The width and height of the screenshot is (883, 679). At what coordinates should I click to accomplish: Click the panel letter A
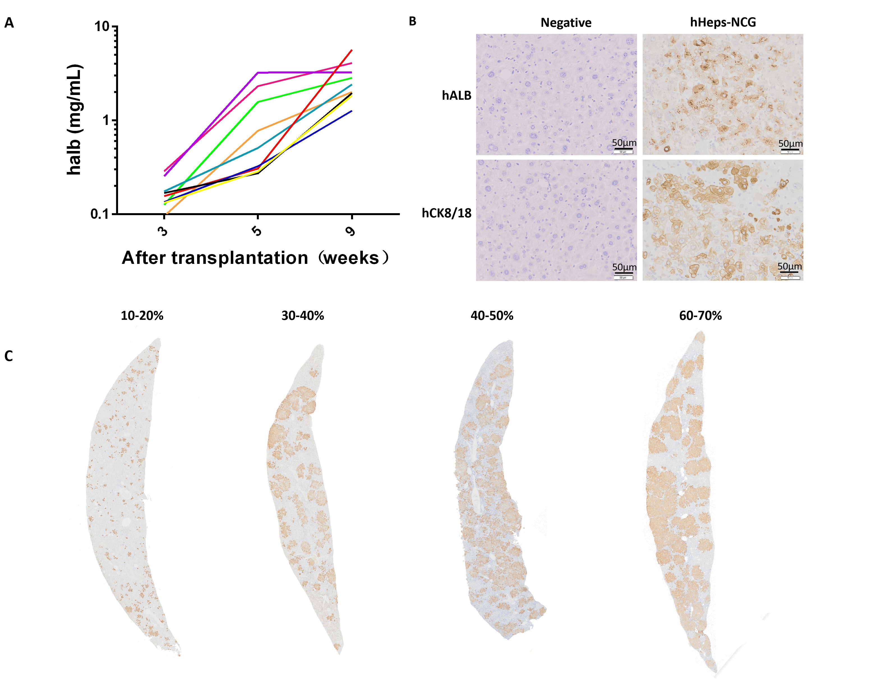(x=9, y=23)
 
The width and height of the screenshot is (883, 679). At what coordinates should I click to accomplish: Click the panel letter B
(x=412, y=21)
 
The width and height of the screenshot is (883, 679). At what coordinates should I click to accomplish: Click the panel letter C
(x=8, y=356)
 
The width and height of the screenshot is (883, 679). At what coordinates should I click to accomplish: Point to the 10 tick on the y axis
(x=102, y=27)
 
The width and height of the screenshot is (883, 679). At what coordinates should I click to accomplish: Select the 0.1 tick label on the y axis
(x=100, y=214)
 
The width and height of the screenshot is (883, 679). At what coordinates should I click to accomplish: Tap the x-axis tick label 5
(x=257, y=231)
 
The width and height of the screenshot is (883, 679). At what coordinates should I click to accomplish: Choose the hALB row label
(x=457, y=95)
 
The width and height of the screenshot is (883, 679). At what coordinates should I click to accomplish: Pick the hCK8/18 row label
(x=446, y=213)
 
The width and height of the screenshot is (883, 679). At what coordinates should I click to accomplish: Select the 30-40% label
(x=303, y=315)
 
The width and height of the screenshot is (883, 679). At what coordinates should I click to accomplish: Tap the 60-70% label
(x=700, y=315)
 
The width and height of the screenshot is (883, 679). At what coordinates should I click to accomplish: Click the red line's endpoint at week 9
(x=352, y=50)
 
